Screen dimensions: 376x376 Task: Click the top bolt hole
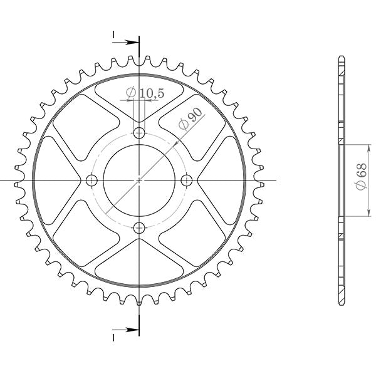tap(139, 133)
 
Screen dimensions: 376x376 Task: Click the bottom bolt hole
tap(139, 227)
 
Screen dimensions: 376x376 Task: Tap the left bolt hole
tap(92, 180)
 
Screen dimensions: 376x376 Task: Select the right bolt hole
tap(186, 180)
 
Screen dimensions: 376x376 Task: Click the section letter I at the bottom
tap(113, 337)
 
